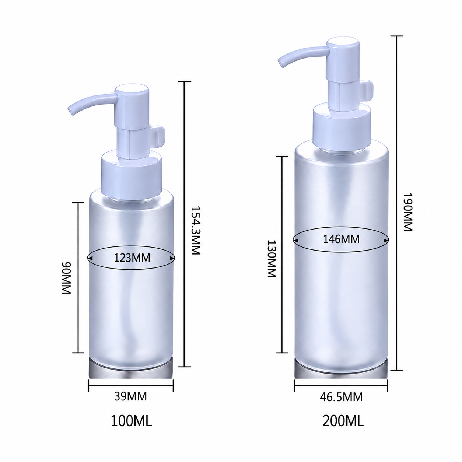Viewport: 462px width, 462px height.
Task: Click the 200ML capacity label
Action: point(343,427)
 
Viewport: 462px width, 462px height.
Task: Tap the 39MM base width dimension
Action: point(131,396)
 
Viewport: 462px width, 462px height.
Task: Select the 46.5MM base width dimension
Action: point(341,397)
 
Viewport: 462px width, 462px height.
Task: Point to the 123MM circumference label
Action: point(132,258)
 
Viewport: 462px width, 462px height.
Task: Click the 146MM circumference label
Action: point(342,239)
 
